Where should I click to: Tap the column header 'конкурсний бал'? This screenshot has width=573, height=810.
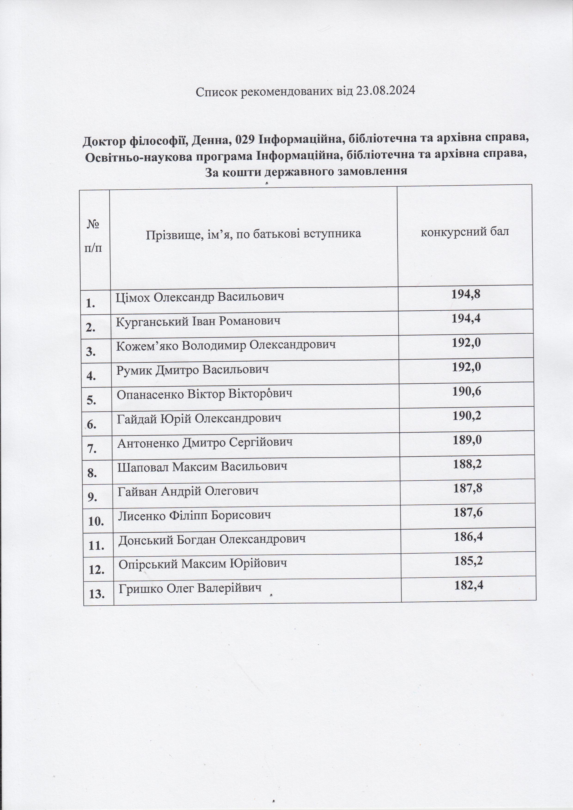[465, 232]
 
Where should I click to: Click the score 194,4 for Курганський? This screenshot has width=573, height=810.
[466, 319]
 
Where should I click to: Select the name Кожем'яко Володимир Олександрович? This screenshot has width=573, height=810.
[226, 345]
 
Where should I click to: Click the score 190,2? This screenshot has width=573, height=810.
[467, 416]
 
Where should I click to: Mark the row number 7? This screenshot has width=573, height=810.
[92, 449]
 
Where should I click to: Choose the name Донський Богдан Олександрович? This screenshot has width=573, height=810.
[212, 539]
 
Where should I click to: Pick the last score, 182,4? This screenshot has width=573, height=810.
[469, 586]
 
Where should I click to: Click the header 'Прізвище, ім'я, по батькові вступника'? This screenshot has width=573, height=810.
[253, 234]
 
